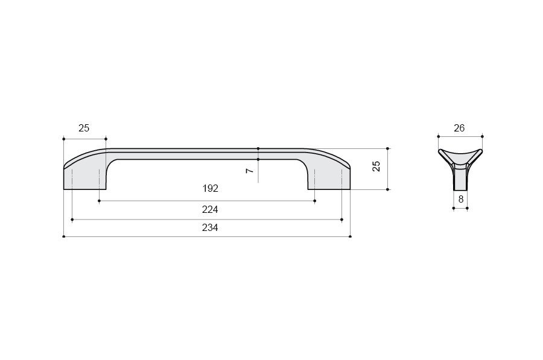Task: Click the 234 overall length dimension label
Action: pyautogui.click(x=210, y=227)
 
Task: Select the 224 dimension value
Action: pyautogui.click(x=210, y=209)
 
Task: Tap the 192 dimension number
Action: pyautogui.click(x=210, y=188)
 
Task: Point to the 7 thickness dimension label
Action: pyautogui.click(x=250, y=171)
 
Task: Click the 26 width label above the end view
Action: pyautogui.click(x=459, y=128)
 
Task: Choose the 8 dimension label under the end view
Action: pyautogui.click(x=461, y=200)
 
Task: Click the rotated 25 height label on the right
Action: pyautogui.click(x=376, y=166)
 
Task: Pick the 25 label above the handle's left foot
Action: pyautogui.click(x=84, y=128)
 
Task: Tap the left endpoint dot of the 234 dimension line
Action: pyautogui.click(x=64, y=236)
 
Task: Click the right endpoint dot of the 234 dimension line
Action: pyautogui.click(x=351, y=236)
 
